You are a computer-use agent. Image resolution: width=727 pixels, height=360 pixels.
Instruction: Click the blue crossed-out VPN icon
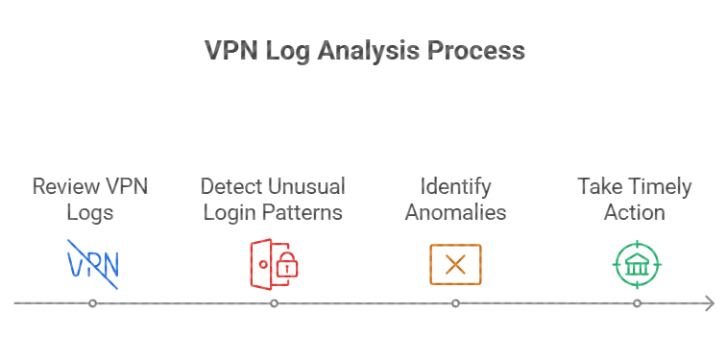click(91, 264)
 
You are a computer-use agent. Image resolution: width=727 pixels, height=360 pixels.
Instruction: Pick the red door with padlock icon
click(273, 264)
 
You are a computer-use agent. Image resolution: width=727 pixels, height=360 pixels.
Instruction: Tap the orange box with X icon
click(455, 264)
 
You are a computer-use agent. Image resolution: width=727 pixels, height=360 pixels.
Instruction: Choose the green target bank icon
click(637, 264)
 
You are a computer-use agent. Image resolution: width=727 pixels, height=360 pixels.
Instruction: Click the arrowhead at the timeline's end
click(709, 303)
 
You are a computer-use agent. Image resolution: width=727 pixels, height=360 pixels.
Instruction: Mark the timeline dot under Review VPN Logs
click(92, 303)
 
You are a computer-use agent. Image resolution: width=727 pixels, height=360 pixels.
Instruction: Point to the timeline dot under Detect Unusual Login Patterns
click(274, 303)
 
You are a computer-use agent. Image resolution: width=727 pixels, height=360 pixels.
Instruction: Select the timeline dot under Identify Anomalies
click(455, 303)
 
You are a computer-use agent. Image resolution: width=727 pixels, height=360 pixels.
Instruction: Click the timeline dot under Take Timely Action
click(637, 303)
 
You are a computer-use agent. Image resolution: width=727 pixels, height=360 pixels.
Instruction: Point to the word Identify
click(455, 186)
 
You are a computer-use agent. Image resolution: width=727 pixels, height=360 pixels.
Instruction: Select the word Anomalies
click(455, 211)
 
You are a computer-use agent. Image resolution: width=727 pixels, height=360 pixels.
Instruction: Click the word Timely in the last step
click(660, 186)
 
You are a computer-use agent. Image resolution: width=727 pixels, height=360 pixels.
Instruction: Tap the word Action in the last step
click(635, 211)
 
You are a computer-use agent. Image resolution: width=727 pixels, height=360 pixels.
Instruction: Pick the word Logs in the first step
click(91, 211)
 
